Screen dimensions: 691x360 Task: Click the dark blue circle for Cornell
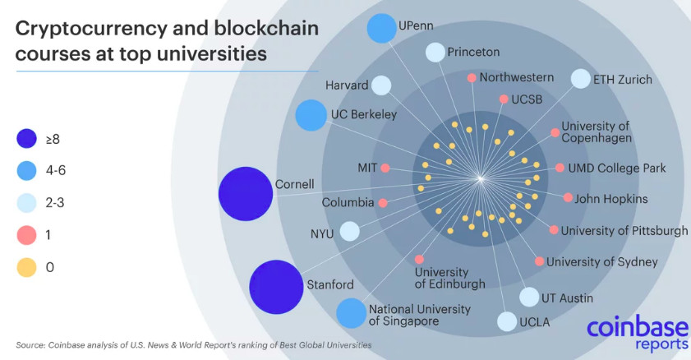pyautogui.click(x=246, y=194)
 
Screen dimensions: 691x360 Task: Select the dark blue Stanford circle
pyautogui.click(x=276, y=287)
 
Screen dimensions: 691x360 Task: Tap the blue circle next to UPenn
pyautogui.click(x=381, y=28)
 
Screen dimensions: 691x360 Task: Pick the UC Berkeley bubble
pyautogui.click(x=311, y=115)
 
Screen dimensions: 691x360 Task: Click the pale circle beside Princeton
pyautogui.click(x=435, y=53)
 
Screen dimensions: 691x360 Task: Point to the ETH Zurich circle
pyautogui.click(x=580, y=79)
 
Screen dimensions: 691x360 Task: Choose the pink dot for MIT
pyautogui.click(x=385, y=168)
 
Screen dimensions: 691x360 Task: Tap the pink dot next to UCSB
pyautogui.click(x=504, y=99)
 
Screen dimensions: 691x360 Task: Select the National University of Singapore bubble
pyautogui.click(x=351, y=313)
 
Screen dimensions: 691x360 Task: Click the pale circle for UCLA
pyautogui.click(x=507, y=321)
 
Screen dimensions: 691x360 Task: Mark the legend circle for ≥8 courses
pyautogui.click(x=26, y=138)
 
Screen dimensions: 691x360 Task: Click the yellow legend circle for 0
pyautogui.click(x=26, y=267)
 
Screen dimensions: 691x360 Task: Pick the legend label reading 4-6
pyautogui.click(x=56, y=170)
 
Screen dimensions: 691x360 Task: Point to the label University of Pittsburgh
pyautogui.click(x=624, y=230)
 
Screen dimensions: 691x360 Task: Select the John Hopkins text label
pyautogui.click(x=610, y=199)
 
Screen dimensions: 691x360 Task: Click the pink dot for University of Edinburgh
pyautogui.click(x=420, y=259)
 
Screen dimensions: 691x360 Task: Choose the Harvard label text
pyautogui.click(x=347, y=85)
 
